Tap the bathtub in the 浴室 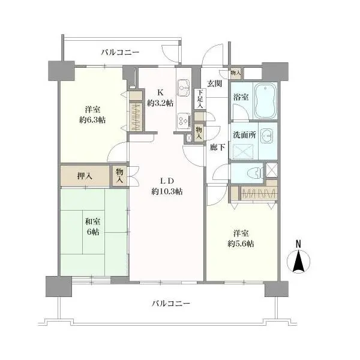pyautogui.click(x=264, y=96)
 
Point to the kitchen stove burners pyautogui.click(x=182, y=121)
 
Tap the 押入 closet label pyautogui.click(x=85, y=176)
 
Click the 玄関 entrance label pyautogui.click(x=215, y=83)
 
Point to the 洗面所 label pyautogui.click(x=244, y=135)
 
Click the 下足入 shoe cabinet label pyautogui.click(x=200, y=100)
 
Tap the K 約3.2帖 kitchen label pyautogui.click(x=160, y=97)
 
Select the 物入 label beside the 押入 pyautogui.click(x=120, y=175)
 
